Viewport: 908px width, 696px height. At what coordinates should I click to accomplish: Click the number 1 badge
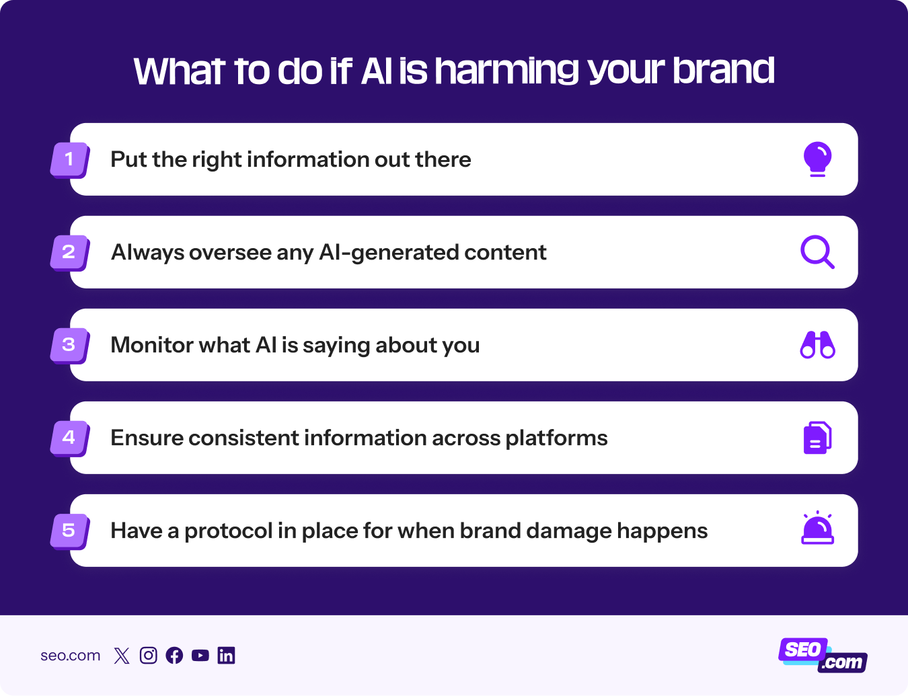click(x=70, y=160)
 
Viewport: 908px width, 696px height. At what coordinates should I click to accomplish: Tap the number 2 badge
click(x=70, y=253)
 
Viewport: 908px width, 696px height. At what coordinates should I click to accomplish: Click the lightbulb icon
click(x=817, y=159)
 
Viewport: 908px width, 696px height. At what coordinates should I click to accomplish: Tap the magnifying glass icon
click(x=817, y=252)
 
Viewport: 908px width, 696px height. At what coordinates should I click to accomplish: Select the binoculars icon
click(x=817, y=345)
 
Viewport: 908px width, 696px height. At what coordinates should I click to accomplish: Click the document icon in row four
click(x=817, y=438)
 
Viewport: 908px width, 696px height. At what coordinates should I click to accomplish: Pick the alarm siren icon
click(x=817, y=529)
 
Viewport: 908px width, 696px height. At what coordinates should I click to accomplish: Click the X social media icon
click(x=122, y=656)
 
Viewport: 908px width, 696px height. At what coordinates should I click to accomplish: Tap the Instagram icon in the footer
click(x=148, y=656)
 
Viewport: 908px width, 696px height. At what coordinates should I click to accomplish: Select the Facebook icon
click(x=174, y=656)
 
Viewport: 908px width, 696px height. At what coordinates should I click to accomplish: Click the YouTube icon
click(x=200, y=656)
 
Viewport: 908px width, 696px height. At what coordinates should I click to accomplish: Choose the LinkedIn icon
click(x=227, y=656)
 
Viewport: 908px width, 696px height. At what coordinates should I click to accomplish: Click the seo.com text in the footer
click(x=70, y=656)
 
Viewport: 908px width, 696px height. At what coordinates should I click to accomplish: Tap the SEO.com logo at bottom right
click(x=823, y=656)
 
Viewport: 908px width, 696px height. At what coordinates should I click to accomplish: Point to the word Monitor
click(x=152, y=345)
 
